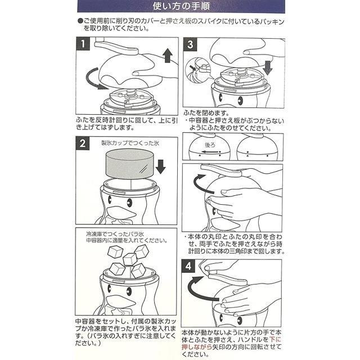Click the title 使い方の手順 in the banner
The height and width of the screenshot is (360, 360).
click(180, 7)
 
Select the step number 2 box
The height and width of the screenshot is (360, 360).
click(82, 143)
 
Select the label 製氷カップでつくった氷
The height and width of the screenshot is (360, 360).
click(130, 143)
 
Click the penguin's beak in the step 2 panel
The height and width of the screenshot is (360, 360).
click(121, 213)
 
